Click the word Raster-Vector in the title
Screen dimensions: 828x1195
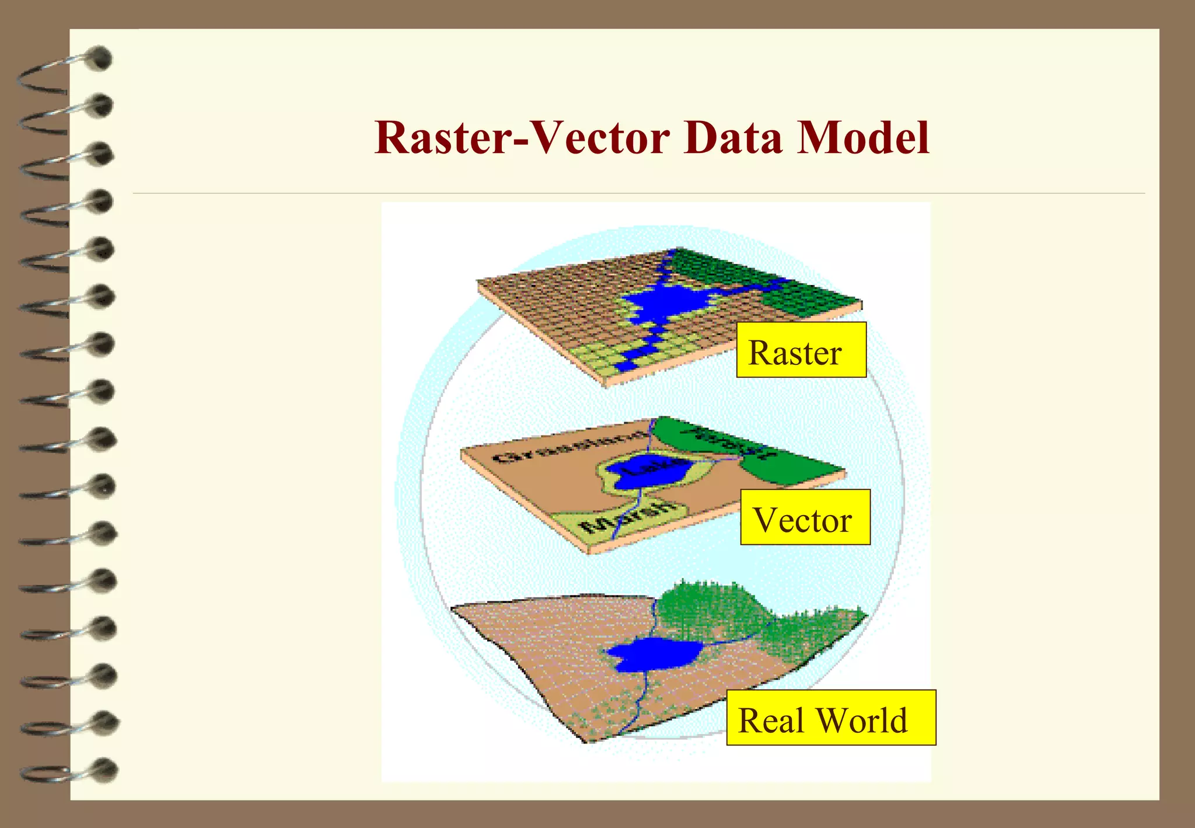[522, 138]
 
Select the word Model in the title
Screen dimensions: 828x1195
[863, 138]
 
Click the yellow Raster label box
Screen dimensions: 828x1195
[801, 350]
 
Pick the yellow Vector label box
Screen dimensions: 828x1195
[805, 517]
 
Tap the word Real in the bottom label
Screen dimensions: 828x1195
[771, 720]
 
